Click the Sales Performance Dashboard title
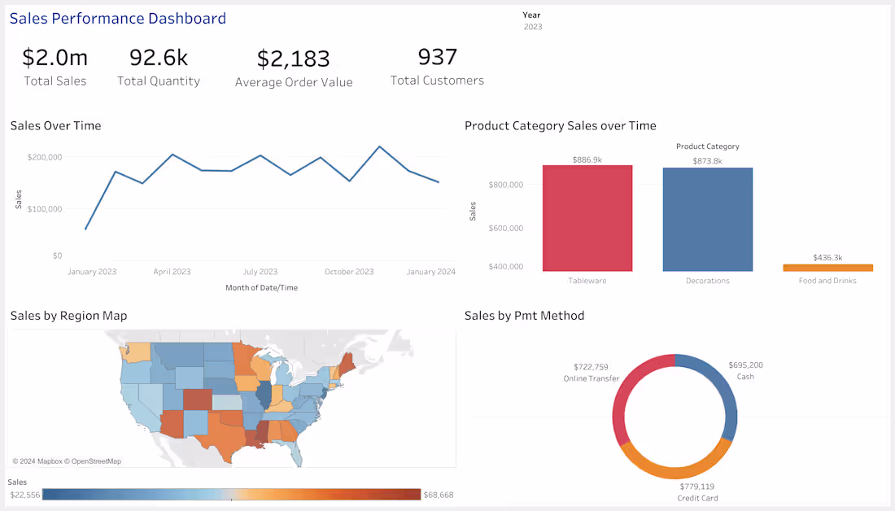point(118,18)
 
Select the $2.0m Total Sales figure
point(55,58)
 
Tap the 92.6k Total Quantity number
point(159,57)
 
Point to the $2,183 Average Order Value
point(294,59)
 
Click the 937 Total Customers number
point(437,57)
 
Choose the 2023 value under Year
point(532,27)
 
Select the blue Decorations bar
point(707,220)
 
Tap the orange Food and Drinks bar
point(827,267)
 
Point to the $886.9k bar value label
point(587,160)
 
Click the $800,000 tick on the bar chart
point(506,185)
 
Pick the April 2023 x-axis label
point(172,272)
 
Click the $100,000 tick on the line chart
point(45,209)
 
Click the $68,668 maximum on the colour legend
point(439,495)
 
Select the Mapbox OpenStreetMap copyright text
point(67,461)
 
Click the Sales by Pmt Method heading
point(524,316)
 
